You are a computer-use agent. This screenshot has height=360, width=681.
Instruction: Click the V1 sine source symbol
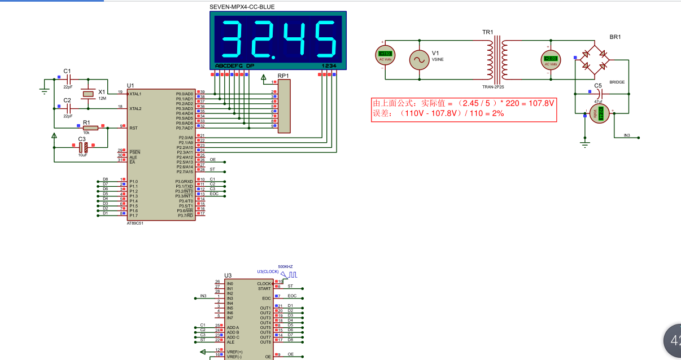(420, 59)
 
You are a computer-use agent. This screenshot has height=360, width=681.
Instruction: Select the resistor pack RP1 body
(284, 106)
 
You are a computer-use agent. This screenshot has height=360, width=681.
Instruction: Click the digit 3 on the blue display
(233, 39)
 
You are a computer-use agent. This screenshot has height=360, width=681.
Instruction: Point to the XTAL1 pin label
(136, 94)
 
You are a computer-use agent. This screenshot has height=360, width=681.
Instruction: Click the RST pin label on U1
(133, 128)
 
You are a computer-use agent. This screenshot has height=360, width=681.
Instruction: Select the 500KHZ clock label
(285, 266)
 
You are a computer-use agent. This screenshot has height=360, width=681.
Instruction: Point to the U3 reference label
(228, 275)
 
